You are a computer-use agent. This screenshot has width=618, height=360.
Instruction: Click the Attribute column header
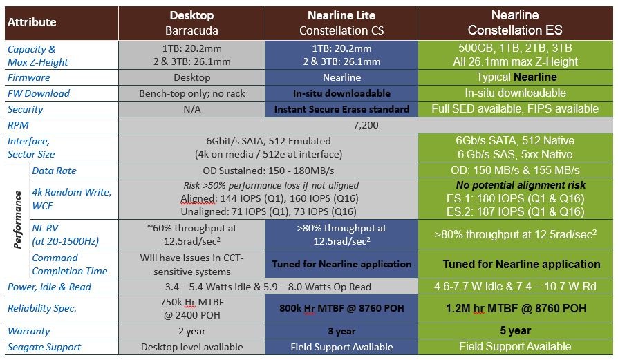click(x=32, y=23)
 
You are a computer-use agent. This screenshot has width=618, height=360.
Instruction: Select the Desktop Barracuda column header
click(x=191, y=23)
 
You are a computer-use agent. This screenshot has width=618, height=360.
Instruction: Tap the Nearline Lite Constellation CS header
click(x=341, y=23)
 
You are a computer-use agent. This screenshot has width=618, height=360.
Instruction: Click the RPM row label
click(x=20, y=125)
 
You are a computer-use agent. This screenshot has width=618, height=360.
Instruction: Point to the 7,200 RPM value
click(x=366, y=125)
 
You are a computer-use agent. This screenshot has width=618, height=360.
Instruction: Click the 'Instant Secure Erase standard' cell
click(x=341, y=109)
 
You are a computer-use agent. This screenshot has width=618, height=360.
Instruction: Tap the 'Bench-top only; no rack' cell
click(x=191, y=93)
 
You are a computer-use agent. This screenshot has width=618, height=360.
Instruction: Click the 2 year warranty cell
click(x=191, y=331)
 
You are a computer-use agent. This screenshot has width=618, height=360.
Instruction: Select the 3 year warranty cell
click(x=341, y=331)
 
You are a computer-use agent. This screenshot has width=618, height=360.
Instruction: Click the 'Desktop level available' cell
click(x=191, y=347)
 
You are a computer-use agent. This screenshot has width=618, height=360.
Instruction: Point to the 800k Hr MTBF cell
click(x=341, y=309)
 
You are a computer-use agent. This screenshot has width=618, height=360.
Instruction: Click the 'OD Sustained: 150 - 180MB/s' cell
click(x=268, y=171)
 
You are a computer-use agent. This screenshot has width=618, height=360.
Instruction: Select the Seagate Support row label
click(x=44, y=347)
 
